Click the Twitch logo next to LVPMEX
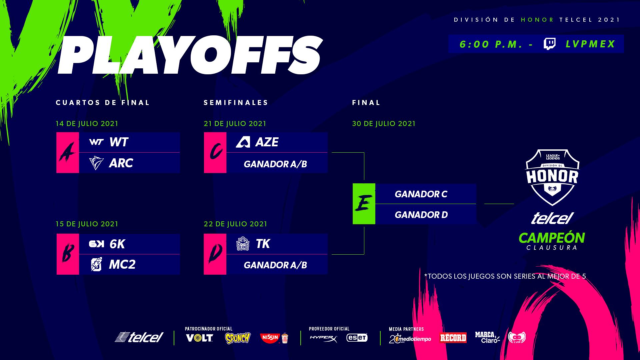click(x=549, y=44)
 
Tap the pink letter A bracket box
click(x=68, y=153)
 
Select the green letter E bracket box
click(x=364, y=204)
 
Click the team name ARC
click(x=121, y=163)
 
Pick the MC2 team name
click(x=122, y=264)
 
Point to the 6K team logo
click(x=96, y=244)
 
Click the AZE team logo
click(x=243, y=142)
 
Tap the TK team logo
click(x=243, y=244)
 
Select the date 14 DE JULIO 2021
click(x=87, y=124)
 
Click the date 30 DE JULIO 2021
click(x=384, y=124)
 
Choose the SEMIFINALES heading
click(x=236, y=103)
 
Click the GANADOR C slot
click(x=421, y=194)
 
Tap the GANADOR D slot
click(x=421, y=215)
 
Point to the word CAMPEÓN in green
click(x=552, y=238)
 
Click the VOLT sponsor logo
click(x=199, y=338)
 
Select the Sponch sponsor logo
click(x=238, y=338)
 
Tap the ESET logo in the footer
click(x=357, y=338)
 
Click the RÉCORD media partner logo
click(x=453, y=338)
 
